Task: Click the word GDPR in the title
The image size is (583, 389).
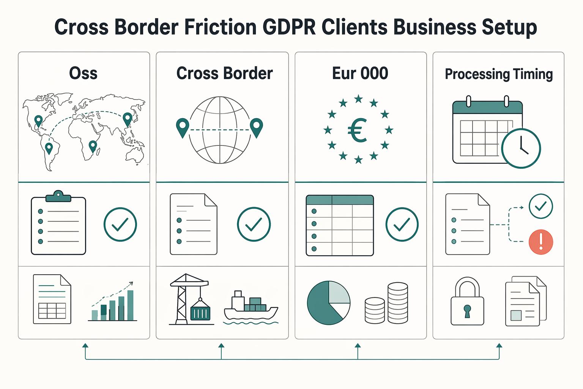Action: [x=289, y=27]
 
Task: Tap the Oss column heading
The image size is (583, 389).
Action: [x=83, y=73]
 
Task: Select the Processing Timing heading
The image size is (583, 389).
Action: [x=499, y=74]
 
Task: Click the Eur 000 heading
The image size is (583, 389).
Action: [x=360, y=73]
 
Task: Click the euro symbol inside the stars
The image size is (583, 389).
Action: [x=357, y=130]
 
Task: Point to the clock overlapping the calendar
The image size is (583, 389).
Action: [x=521, y=148]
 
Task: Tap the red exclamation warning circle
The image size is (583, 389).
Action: [x=541, y=242]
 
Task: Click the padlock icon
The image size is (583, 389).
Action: [x=467, y=301]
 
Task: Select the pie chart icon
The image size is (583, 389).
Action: [x=328, y=302]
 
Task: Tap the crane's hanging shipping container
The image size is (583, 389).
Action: [x=200, y=313]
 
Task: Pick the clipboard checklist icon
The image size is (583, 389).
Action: [x=58, y=222]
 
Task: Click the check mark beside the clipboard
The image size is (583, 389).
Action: [x=120, y=225]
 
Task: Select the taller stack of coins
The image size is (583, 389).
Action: [x=398, y=303]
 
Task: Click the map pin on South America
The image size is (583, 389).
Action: [x=49, y=148]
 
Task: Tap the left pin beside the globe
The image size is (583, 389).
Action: [x=183, y=128]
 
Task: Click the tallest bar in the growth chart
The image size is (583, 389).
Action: [x=130, y=305]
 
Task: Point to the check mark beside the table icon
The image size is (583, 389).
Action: [x=402, y=225]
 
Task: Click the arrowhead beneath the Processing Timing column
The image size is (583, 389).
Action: [x=499, y=345]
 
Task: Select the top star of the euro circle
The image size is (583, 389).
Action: [x=358, y=98]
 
